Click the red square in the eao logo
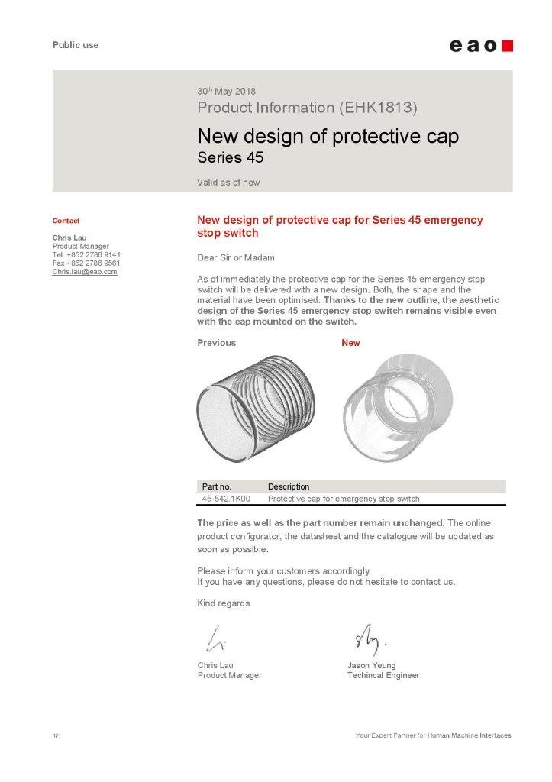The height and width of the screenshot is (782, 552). point(507,46)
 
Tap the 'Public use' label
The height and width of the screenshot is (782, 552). point(76,45)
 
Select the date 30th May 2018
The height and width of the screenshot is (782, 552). point(226,92)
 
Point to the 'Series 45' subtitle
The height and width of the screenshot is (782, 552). point(230,159)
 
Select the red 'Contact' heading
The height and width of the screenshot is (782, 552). point(66,221)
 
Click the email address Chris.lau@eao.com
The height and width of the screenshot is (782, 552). point(85,271)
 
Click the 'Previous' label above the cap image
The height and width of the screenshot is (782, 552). point(216,343)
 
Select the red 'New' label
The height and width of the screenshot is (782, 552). point(350,343)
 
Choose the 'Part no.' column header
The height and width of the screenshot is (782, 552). point(216,486)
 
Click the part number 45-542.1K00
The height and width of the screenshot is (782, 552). point(226,499)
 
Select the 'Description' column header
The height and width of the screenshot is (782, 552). point(289,486)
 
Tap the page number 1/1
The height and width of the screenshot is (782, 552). point(56,736)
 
